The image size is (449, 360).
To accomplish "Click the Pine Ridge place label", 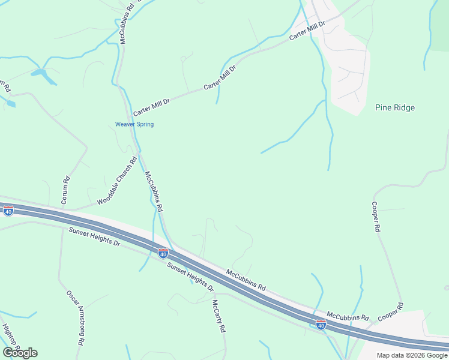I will click(x=395, y=108).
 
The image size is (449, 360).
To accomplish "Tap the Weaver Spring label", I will click(x=134, y=125).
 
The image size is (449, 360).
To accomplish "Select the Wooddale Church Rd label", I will click(x=117, y=180).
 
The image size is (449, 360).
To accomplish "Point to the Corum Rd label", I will click(x=66, y=188).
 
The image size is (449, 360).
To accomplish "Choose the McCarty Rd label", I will click(x=218, y=316).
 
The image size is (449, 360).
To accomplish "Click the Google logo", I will click(x=20, y=353).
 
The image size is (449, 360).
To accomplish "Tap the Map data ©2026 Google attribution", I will click(x=412, y=355).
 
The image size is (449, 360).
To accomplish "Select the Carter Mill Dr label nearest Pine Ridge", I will click(x=307, y=32).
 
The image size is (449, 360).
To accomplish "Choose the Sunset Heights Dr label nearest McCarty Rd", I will click(x=190, y=277).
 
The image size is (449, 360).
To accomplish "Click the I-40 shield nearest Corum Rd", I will click(x=8, y=211).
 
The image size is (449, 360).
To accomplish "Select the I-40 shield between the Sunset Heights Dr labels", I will click(x=163, y=253).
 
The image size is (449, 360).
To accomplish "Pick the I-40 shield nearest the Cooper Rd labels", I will click(x=321, y=325).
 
